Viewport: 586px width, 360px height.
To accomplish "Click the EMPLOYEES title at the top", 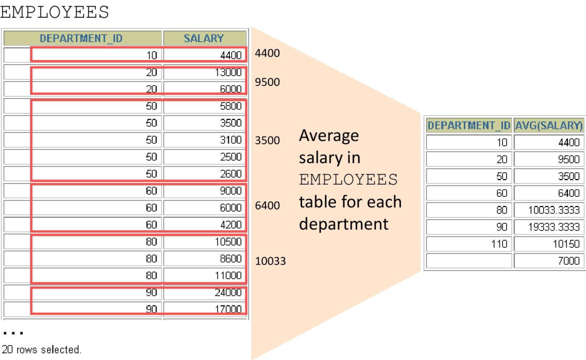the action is coord(55,12).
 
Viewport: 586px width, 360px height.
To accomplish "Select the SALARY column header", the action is coord(204,38).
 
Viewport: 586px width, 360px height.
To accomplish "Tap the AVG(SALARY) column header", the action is coord(549,125).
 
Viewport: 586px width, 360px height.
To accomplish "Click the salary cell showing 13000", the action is coord(204,72).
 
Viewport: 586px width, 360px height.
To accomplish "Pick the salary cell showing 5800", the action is coord(204,106).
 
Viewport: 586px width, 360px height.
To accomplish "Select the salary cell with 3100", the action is coord(204,140).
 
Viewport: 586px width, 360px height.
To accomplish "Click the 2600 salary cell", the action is coord(204,174).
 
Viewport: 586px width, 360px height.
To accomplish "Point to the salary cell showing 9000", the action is coord(204,191).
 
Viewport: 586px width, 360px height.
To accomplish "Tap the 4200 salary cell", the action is coord(204,225).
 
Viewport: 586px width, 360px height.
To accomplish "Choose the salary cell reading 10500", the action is coord(204,242).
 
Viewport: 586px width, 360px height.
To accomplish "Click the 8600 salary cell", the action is coord(204,259).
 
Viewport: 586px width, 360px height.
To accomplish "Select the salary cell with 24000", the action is coord(204,292).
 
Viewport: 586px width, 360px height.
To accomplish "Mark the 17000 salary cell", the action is coord(204,309).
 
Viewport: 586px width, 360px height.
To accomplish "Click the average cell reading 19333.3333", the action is coord(549,227).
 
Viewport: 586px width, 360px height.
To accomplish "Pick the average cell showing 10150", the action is coord(549,244).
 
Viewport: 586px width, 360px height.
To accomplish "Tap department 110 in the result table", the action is coord(469,244).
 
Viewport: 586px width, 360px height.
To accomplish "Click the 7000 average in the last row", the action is coord(549,261).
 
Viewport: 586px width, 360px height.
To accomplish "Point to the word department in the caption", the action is coord(344,224).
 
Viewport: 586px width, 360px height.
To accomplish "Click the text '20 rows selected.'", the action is coord(41,349).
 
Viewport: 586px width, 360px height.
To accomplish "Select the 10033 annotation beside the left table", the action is coord(270,261).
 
